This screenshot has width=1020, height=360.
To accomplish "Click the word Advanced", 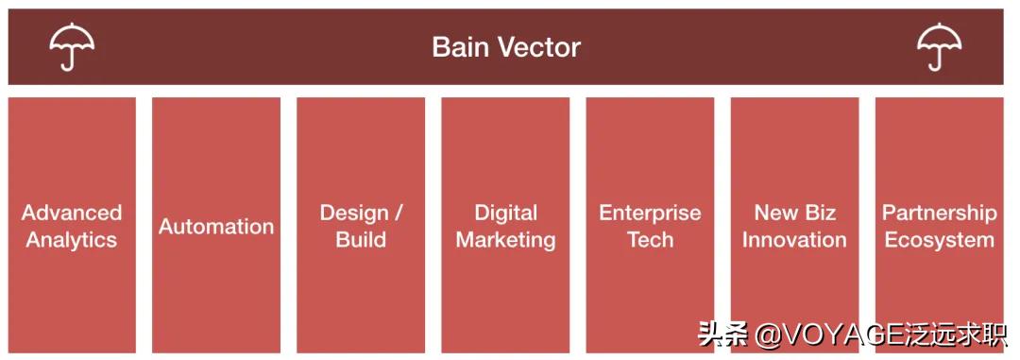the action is (x=72, y=213).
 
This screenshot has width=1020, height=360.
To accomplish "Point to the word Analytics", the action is (x=72, y=240).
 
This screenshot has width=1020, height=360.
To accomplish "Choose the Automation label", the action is (x=216, y=227).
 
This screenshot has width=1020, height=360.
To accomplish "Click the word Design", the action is (x=354, y=213).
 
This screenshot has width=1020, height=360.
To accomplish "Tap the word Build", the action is (x=361, y=240).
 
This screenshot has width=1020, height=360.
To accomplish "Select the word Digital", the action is (x=506, y=213).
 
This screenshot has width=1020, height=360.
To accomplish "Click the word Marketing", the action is (x=506, y=240).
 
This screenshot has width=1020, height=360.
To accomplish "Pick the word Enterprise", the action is (x=651, y=214).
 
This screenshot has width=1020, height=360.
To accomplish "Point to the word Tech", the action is (x=651, y=240).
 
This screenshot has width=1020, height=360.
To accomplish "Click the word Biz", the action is (x=819, y=213).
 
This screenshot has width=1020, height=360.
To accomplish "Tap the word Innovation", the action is (x=795, y=240).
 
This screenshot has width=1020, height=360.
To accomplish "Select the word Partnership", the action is (x=940, y=214).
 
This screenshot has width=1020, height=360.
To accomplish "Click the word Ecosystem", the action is (x=940, y=240).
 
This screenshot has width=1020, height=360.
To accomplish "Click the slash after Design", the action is (x=399, y=214).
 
